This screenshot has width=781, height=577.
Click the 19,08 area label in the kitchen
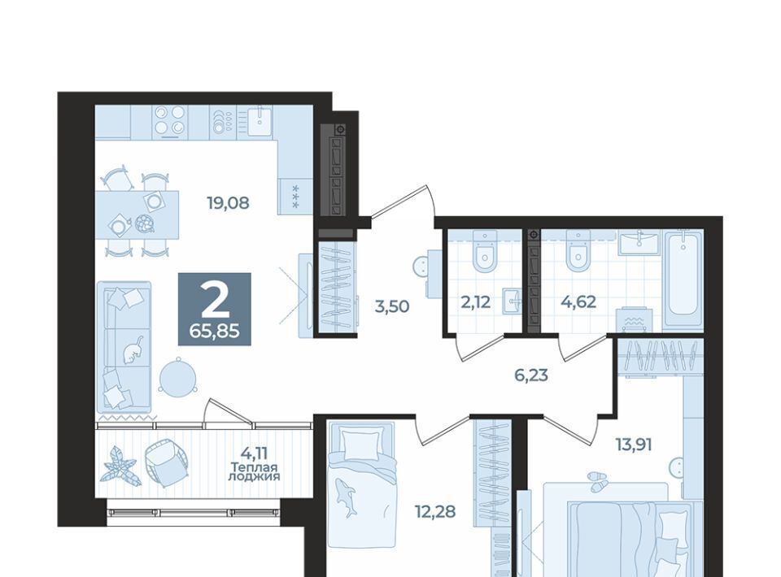228,203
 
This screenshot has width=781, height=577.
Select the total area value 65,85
215,330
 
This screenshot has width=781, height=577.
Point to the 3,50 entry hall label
392,306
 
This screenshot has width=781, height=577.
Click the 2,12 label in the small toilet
476,302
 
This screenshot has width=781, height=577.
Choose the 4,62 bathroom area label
578,302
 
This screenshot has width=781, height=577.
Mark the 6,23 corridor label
531,375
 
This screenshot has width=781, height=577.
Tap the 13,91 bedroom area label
634,444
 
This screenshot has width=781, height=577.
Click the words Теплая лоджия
254,472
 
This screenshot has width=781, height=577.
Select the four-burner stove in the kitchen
169,121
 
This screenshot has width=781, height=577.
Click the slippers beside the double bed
596,480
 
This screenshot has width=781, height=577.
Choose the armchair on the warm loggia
166,463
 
